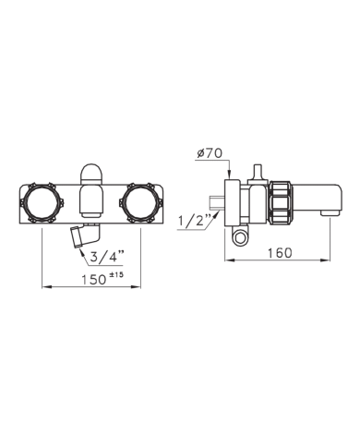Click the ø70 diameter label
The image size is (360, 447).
click(210, 153)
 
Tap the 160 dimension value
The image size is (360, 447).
click(280, 253)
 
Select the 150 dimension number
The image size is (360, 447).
click(93, 280)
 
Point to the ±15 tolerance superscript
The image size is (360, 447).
click(115, 274)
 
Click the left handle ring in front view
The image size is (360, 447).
click(42, 203)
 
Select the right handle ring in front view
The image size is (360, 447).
click(140, 203)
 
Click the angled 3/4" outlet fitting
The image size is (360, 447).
click(84, 236)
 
